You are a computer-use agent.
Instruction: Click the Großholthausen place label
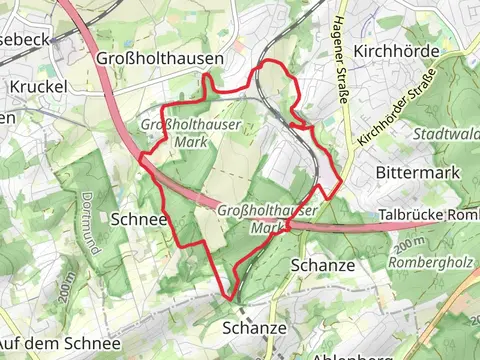pyautogui.click(x=160, y=59)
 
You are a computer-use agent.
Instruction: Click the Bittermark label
pyautogui.click(x=417, y=172)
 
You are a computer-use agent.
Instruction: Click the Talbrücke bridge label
pyautogui.click(x=430, y=215)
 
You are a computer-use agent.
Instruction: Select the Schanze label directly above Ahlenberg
pyautogui.click(x=254, y=327)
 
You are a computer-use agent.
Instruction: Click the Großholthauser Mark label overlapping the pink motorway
pyautogui.click(x=266, y=219)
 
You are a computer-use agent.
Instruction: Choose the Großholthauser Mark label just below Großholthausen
pyautogui.click(x=174, y=133)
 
